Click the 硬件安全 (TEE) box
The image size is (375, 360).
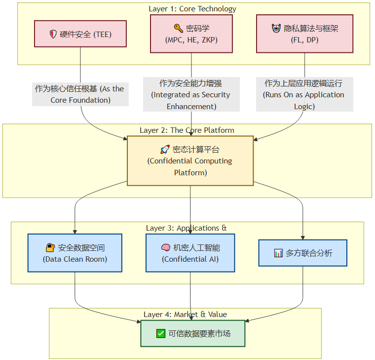click(80, 34)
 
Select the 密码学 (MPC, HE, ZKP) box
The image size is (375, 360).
click(191, 34)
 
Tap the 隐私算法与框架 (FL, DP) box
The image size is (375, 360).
click(304, 34)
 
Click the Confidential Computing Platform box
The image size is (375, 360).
click(190, 161)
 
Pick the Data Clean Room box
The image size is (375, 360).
click(75, 253)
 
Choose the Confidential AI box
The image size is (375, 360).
click(190, 253)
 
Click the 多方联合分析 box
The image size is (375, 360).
click(302, 253)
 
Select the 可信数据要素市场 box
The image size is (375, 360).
click(193, 333)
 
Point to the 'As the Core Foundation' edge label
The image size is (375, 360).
click(80, 94)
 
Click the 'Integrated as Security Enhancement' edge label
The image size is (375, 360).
click(191, 94)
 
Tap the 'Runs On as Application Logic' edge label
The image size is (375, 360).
click(304, 94)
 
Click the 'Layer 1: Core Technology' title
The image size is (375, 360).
click(192, 9)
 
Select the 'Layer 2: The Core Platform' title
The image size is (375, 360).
click(187, 130)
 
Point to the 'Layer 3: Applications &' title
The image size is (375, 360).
click(187, 228)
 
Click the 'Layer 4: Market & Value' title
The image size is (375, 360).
click(185, 314)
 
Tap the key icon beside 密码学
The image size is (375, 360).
click(178, 29)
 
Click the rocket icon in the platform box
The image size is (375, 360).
click(165, 149)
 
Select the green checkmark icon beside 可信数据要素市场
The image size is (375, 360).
click(161, 333)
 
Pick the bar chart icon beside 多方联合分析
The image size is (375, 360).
click(278, 253)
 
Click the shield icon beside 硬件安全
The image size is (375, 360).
click(53, 34)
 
